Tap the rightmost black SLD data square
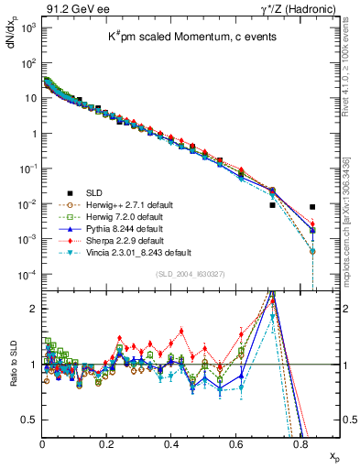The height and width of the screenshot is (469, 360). pyautogui.click(x=312, y=207)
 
